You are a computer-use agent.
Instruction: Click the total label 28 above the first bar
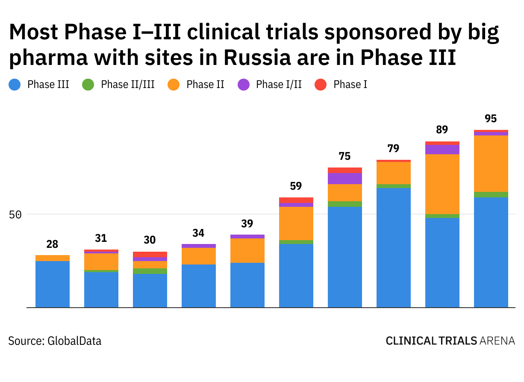point(52,245)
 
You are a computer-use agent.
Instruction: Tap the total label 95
point(491,119)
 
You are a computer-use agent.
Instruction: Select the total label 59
point(296,186)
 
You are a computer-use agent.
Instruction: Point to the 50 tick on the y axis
point(15,215)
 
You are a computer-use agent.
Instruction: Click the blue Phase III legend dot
point(15,85)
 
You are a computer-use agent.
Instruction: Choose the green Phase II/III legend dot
point(88,85)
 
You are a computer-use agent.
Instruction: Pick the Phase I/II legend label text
point(279,85)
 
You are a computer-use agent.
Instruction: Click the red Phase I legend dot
point(321,85)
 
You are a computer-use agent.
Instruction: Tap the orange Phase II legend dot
point(174,85)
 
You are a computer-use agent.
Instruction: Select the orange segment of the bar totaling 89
point(442,184)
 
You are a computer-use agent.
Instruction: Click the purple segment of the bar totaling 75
point(344,179)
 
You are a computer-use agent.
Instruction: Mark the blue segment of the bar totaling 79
point(393,247)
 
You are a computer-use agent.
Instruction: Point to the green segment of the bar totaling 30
point(150,271)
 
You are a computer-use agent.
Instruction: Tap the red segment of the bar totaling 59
point(296,200)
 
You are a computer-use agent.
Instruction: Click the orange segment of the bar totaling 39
point(247,250)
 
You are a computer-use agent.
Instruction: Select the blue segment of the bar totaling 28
point(52,284)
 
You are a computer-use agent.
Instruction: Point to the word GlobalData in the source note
point(74,341)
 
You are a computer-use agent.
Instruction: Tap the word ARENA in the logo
point(497,341)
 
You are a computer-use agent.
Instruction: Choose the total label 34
point(198,233)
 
